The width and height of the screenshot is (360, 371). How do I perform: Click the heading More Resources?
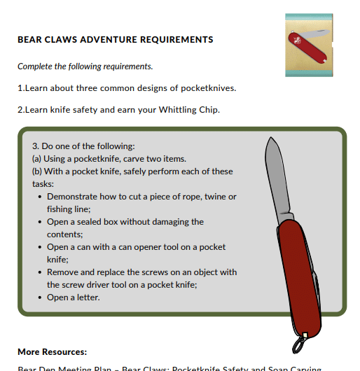53,351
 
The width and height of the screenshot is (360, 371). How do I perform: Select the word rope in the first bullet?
189,197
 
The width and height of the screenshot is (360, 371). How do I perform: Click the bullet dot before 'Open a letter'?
40,297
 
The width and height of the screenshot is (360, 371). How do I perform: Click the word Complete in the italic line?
36,66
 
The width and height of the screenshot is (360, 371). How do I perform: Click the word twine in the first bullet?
219,197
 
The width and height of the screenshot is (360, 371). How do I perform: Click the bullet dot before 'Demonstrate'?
40,197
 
